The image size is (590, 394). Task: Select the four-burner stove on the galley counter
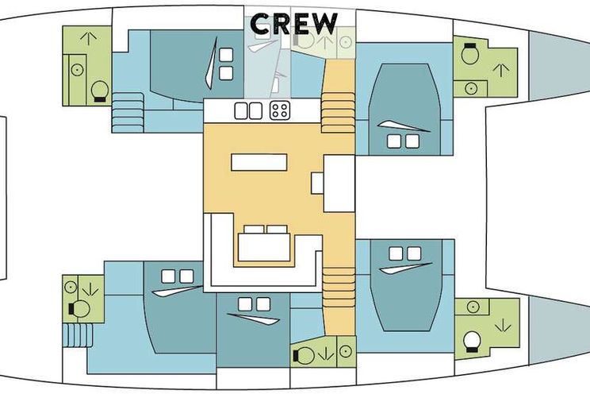(x=280, y=110)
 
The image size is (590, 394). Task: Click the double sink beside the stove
(x=248, y=111)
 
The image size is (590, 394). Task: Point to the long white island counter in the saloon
(x=259, y=162)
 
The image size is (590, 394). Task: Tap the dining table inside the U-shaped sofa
(x=264, y=247)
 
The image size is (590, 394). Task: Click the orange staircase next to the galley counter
(x=338, y=113)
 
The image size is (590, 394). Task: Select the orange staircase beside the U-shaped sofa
(x=339, y=288)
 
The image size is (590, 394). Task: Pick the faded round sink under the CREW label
(x=346, y=42)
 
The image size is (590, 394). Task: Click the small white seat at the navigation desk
(x=317, y=183)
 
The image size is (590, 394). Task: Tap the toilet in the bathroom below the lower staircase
(x=303, y=355)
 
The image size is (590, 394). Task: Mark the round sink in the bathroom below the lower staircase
(x=346, y=351)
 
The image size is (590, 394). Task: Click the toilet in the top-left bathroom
(x=100, y=91)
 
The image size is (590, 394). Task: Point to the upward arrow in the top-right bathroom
(x=501, y=70)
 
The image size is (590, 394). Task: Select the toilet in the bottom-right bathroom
(x=472, y=342)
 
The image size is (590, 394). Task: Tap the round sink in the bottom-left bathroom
(x=71, y=288)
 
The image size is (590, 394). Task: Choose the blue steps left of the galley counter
(x=128, y=112)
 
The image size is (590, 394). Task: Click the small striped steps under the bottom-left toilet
(x=78, y=334)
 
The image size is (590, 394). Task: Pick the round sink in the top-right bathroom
(x=471, y=89)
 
